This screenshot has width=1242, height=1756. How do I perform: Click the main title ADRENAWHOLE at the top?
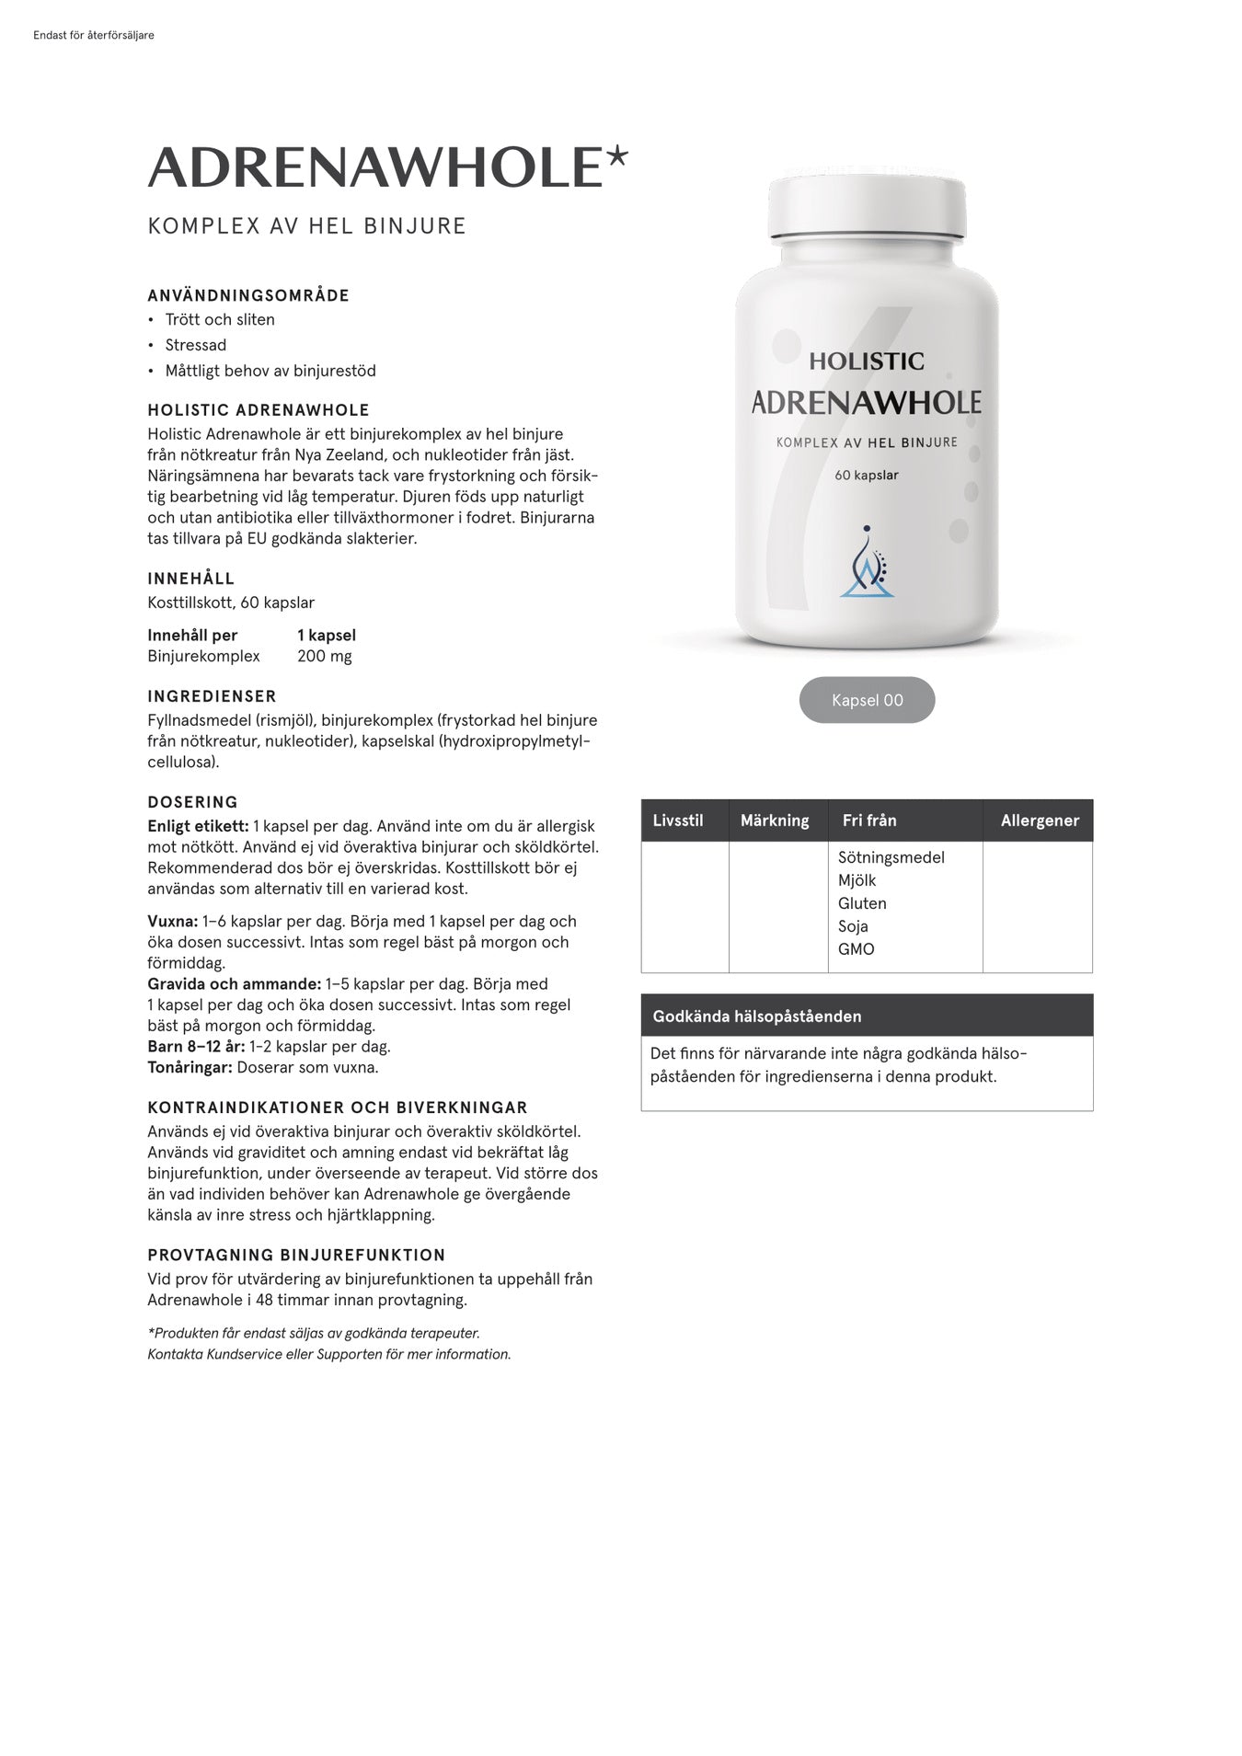pyautogui.click(x=375, y=166)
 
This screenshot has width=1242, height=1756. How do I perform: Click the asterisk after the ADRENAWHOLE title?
pyautogui.click(x=617, y=157)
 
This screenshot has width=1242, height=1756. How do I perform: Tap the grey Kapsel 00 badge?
pyautogui.click(x=867, y=700)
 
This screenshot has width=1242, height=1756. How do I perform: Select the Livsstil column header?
pyautogui.click(x=678, y=821)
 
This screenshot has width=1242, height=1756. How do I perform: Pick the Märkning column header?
pyautogui.click(x=775, y=821)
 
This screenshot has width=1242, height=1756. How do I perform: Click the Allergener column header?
pyautogui.click(x=1040, y=821)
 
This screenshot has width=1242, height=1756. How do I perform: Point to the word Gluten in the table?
pyautogui.click(x=862, y=903)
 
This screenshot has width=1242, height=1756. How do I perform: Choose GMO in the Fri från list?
pyautogui.click(x=856, y=949)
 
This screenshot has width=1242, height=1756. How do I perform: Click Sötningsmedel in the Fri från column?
pyautogui.click(x=891, y=857)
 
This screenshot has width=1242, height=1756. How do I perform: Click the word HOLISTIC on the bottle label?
pyautogui.click(x=867, y=362)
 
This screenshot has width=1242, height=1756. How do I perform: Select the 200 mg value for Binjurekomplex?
pyautogui.click(x=324, y=657)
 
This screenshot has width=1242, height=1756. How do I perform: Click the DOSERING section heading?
pyautogui.click(x=192, y=802)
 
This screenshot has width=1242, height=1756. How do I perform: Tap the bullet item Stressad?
pyautogui.click(x=196, y=345)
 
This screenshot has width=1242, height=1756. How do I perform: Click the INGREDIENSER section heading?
pyautogui.click(x=212, y=696)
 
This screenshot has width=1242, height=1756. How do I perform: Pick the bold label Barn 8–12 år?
pyautogui.click(x=196, y=1047)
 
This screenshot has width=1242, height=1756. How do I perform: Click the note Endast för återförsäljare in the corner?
pyautogui.click(x=93, y=36)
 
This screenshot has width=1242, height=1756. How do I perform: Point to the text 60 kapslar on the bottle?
pyautogui.click(x=867, y=476)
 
